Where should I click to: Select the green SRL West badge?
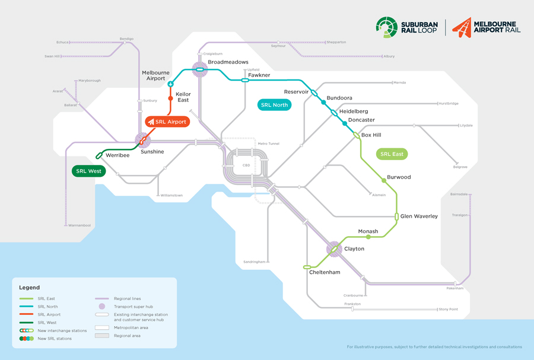click(x=88, y=171)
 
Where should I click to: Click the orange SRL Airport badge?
click(x=167, y=122)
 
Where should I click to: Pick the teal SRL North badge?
click(x=274, y=105)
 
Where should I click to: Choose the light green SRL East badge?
click(x=392, y=154)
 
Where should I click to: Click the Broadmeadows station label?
click(x=228, y=62)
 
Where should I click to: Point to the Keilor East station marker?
click(x=171, y=98)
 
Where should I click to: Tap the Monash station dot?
click(x=368, y=237)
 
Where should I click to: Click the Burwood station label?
click(x=399, y=177)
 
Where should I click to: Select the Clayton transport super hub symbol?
click(x=334, y=249)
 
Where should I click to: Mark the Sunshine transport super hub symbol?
click(x=142, y=141)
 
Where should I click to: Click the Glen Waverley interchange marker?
click(x=396, y=216)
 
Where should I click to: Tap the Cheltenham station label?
click(x=325, y=272)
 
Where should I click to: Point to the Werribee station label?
click(x=117, y=155)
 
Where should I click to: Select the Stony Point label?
click(x=448, y=309)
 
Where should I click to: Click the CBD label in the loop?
click(x=246, y=165)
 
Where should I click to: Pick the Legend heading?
click(x=29, y=288)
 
